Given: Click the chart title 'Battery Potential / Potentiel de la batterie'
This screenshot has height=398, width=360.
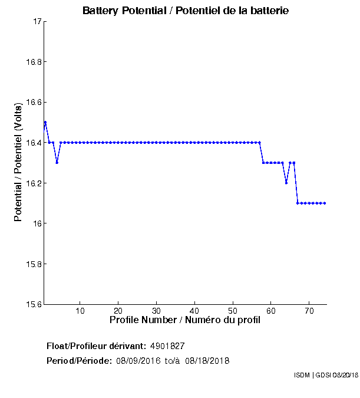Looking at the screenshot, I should (x=186, y=11).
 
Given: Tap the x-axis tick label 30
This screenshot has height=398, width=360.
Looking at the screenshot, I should (x=156, y=311).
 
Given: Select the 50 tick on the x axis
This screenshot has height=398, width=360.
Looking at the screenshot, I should (x=233, y=311).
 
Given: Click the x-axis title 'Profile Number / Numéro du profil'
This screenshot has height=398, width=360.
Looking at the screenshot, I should (x=185, y=320).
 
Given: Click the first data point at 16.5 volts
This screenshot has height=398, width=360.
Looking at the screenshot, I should (x=45, y=123).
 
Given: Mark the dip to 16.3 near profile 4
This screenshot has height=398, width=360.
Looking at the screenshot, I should (x=57, y=163).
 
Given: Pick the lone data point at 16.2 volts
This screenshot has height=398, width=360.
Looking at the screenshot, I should (x=286, y=183).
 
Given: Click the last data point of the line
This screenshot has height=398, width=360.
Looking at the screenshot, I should (x=325, y=203).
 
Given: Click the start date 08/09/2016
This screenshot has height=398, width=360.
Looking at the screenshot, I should (x=137, y=361).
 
